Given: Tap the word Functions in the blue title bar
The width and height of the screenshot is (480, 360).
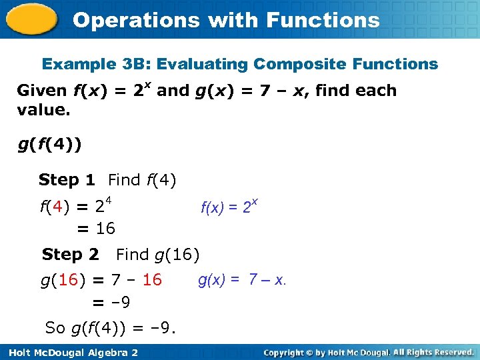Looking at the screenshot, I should [x=323, y=20].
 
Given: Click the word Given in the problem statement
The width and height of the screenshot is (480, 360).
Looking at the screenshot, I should [x=41, y=91].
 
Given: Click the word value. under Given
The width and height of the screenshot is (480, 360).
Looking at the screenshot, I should [x=43, y=109].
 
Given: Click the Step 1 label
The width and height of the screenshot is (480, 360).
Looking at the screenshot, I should [x=67, y=180].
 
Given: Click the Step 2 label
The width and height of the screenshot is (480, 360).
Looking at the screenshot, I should [x=70, y=255].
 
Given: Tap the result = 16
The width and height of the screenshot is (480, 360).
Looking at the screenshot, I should [x=96, y=229].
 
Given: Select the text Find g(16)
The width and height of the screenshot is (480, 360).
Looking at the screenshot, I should [x=157, y=255].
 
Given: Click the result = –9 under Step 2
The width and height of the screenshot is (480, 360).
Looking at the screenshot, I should [x=111, y=303].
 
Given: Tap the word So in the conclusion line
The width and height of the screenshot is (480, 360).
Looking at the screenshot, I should [x=55, y=328].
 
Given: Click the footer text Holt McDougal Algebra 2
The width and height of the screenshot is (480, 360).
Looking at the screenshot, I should [x=70, y=352].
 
